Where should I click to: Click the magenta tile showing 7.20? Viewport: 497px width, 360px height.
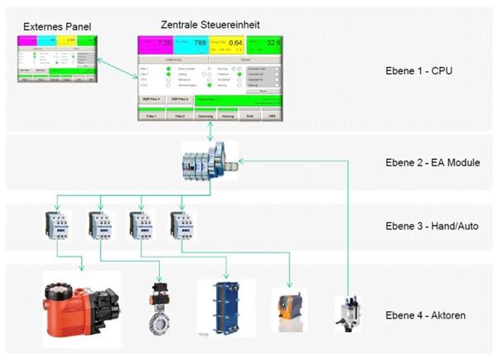[x=155, y=43]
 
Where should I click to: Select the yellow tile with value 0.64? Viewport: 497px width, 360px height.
[x=227, y=43]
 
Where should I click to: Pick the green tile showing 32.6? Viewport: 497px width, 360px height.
[x=264, y=43]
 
